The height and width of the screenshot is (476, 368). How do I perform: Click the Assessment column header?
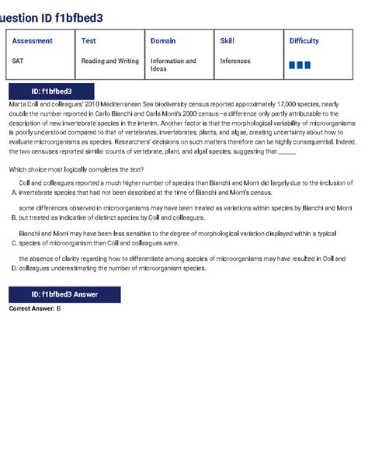point(33,40)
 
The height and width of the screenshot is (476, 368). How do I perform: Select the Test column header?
point(89,40)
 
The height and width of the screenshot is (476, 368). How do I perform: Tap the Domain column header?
point(163,40)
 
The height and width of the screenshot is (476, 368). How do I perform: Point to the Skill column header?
point(227,40)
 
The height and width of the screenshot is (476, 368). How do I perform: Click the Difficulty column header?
point(304,40)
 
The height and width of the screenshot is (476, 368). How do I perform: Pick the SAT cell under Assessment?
point(18,60)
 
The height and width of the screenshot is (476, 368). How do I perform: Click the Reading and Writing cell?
point(109,60)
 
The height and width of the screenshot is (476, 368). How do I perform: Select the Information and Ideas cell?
point(172,64)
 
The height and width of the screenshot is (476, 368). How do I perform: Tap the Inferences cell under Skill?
point(235,60)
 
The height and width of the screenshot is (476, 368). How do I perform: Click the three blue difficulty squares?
point(300,64)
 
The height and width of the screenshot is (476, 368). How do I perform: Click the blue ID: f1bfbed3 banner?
point(51,92)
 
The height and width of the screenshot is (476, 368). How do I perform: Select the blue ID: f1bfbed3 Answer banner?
point(64,294)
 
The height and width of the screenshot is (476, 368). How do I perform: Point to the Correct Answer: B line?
point(35,308)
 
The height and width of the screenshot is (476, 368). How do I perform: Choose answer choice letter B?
point(13,218)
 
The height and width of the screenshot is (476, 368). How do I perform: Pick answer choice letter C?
point(13,242)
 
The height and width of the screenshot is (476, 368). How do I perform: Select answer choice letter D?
point(13,268)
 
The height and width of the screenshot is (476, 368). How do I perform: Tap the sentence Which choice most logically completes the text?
point(76,169)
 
